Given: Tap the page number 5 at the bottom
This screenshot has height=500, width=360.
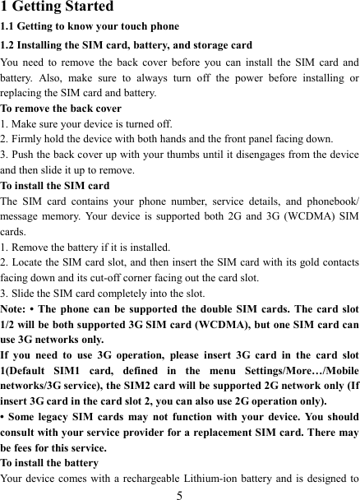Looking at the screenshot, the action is (x=179, y=493).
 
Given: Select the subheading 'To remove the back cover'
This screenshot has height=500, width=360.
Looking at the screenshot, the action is (x=62, y=108).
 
